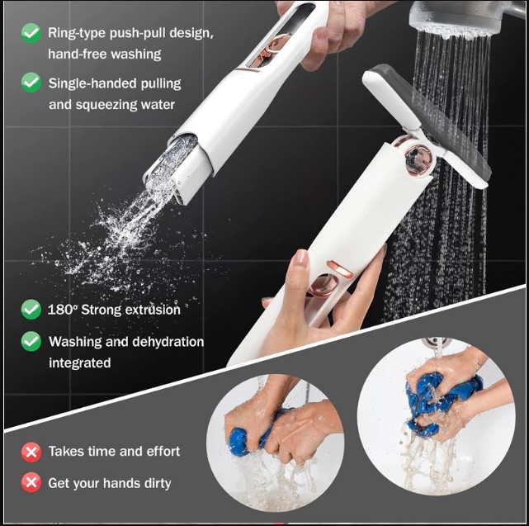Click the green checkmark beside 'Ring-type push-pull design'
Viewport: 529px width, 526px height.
31,33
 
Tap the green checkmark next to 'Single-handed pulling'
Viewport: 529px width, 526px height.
31,83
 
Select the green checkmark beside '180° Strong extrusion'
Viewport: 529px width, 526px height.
31,310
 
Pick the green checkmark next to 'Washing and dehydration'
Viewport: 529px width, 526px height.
31,341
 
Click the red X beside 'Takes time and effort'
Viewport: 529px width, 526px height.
31,452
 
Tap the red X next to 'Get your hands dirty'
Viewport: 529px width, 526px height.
31,482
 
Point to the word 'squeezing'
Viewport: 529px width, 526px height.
106,105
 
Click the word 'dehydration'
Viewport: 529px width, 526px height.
168,342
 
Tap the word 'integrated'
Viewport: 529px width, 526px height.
80,363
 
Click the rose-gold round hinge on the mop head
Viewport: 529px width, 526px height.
418,159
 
